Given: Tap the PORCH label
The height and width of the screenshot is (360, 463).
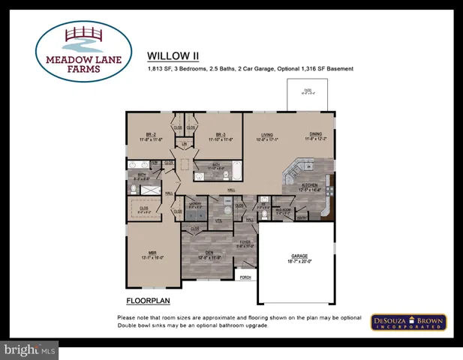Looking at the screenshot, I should click(x=245, y=277).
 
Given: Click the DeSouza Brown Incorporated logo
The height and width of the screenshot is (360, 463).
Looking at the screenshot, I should click(x=410, y=322).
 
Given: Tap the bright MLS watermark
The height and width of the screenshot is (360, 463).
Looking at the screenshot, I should click(x=29, y=350).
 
